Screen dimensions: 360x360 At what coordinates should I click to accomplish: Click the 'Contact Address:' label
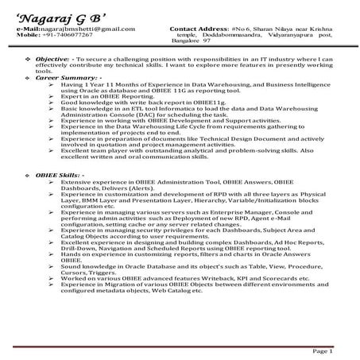199,29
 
